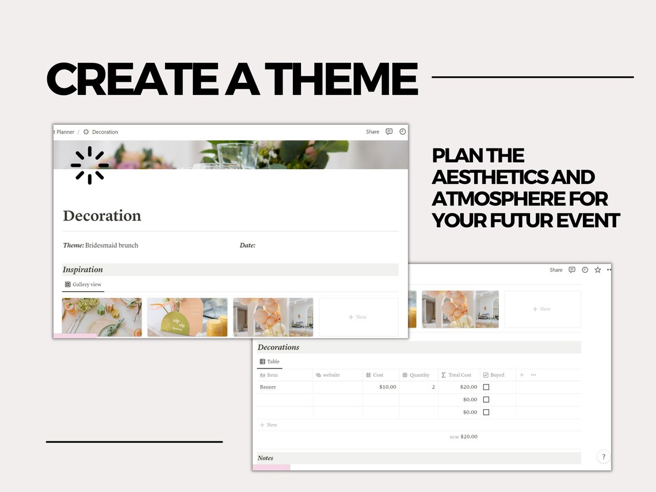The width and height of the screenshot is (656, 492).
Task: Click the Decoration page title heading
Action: click(102, 216)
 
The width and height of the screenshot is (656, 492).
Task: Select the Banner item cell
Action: click(268, 387)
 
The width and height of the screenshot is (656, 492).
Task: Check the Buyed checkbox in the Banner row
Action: click(486, 387)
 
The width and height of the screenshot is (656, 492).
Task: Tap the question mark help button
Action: click(603, 457)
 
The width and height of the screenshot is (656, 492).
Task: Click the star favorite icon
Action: click(597, 270)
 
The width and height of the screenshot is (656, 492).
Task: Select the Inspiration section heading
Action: click(83, 270)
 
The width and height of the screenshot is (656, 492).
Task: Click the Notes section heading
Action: click(265, 458)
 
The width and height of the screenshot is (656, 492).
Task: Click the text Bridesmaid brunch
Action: click(112, 245)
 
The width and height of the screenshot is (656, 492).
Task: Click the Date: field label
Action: click(247, 245)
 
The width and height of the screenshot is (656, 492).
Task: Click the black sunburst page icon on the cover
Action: click(90, 165)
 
